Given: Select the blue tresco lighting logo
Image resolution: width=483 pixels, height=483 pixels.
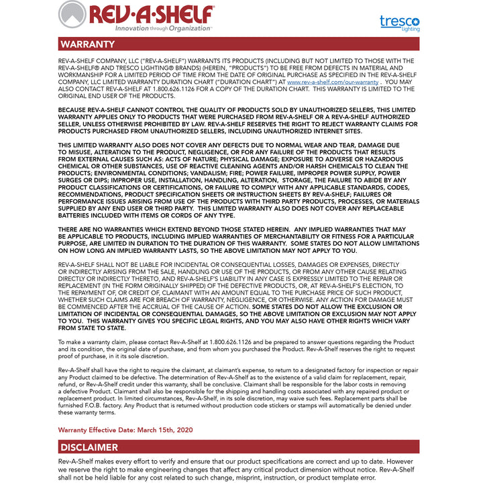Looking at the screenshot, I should tap(399, 22).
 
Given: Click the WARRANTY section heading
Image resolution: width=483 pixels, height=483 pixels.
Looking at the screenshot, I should tap(87, 44).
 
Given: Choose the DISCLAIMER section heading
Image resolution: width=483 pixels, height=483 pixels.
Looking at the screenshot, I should tap(89, 447).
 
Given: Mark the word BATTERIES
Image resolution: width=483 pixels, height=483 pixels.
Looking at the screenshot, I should tap(78, 215).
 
